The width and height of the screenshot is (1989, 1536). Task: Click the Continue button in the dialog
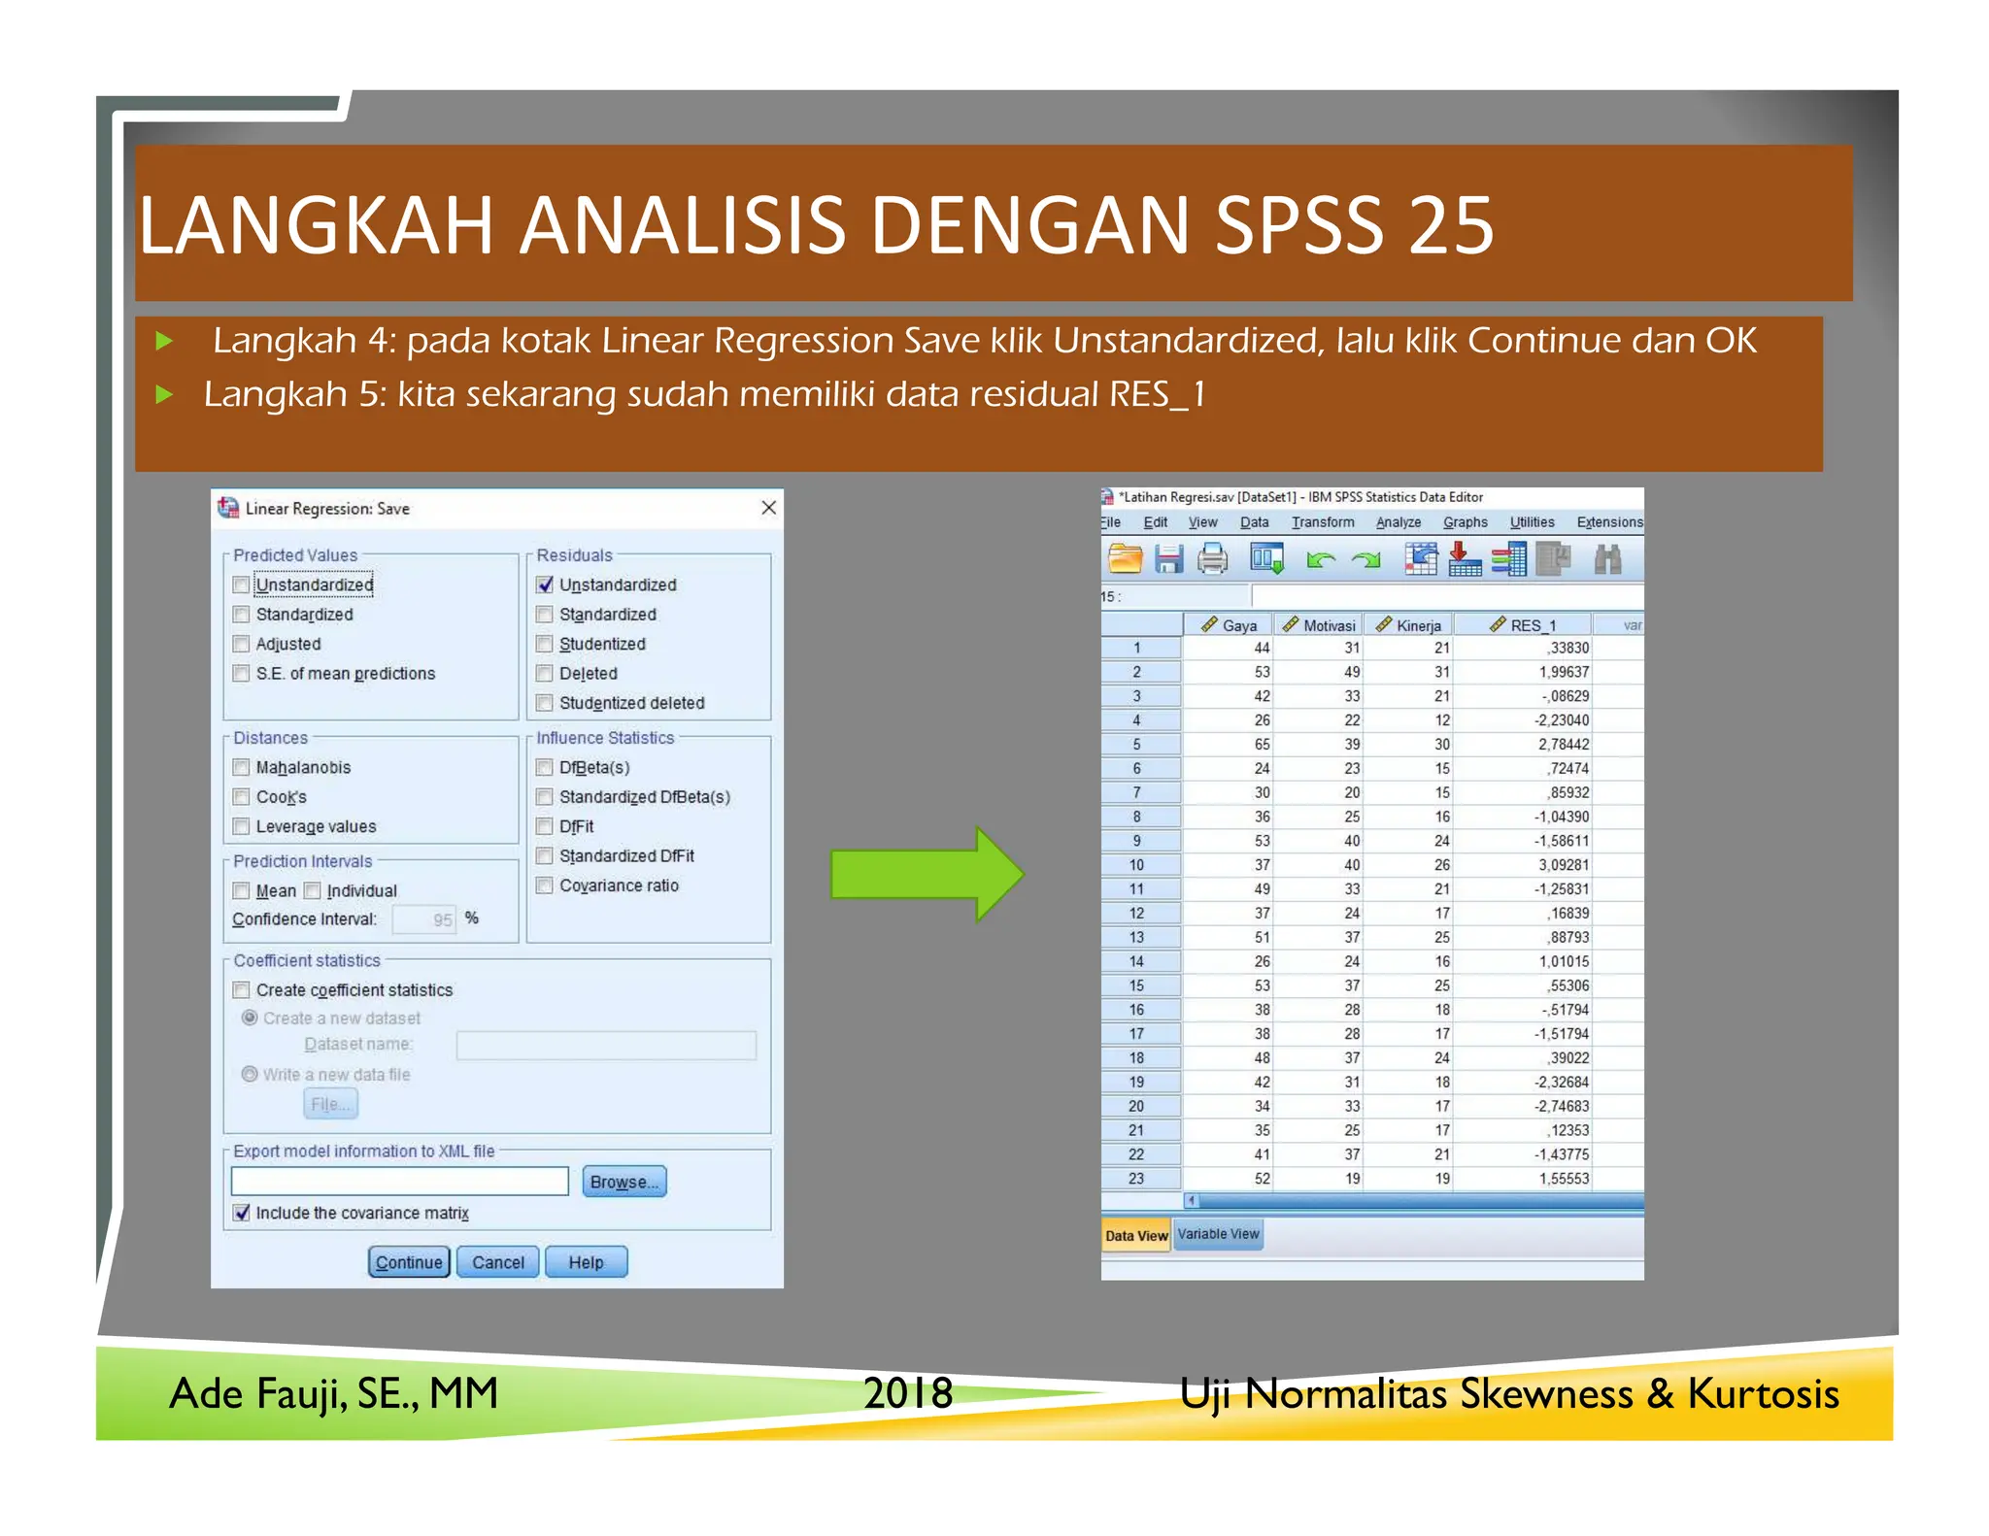click(409, 1262)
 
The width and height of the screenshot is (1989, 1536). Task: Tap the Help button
click(586, 1262)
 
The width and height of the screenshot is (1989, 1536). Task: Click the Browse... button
click(624, 1182)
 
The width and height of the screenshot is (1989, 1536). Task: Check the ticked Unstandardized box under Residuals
click(545, 584)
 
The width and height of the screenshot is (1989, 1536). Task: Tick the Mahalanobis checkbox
click(242, 768)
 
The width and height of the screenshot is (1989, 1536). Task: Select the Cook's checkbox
click(242, 797)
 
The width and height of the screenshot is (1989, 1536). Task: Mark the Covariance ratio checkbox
click(545, 885)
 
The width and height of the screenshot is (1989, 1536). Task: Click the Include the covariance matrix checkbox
click(242, 1213)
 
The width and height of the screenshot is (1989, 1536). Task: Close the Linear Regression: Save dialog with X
click(768, 508)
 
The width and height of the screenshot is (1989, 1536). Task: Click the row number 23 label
click(1136, 1179)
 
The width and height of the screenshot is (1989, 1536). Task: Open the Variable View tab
click(1218, 1234)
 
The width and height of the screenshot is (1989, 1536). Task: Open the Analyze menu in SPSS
click(1398, 522)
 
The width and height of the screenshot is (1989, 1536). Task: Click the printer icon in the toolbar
click(1212, 559)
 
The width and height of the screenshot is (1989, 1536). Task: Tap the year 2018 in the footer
click(908, 1393)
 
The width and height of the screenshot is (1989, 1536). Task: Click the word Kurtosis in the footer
click(1763, 1393)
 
